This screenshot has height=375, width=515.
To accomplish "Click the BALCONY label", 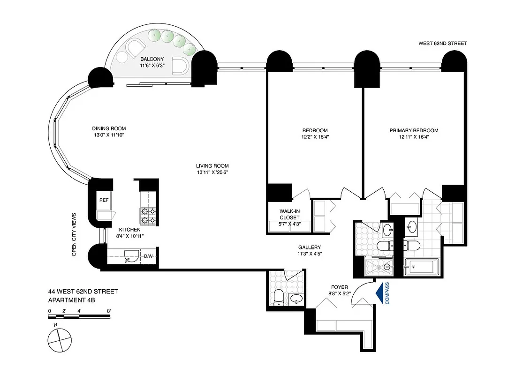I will click(x=152, y=59).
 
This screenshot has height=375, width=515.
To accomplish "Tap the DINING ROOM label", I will click(x=108, y=128).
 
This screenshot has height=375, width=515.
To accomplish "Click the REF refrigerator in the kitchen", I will click(x=104, y=200).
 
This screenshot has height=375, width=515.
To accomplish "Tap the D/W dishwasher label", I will click(x=148, y=256).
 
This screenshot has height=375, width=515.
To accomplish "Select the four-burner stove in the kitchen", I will click(x=148, y=215).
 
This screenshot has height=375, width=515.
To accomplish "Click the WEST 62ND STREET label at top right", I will click(x=442, y=43).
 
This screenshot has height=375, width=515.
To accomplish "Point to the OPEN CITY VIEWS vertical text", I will click(x=74, y=235).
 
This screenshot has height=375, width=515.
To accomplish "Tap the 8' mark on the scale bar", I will click(x=109, y=311).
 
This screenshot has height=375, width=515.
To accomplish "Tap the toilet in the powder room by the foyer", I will click(x=279, y=296).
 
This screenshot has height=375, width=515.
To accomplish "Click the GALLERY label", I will click(x=309, y=247).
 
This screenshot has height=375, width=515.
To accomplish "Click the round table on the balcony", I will click(x=122, y=57).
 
